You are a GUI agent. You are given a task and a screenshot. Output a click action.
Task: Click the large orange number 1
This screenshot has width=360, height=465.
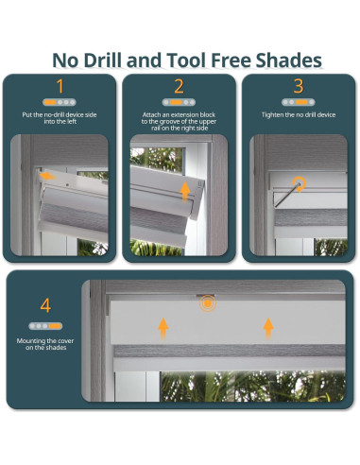coord(60,86)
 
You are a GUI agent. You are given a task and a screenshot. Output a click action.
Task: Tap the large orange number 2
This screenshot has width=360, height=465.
coord(179,86)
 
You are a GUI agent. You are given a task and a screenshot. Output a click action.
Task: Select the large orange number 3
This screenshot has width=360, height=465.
coord(299,86)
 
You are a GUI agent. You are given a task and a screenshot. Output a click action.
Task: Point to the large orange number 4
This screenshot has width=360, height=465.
coord(45,305)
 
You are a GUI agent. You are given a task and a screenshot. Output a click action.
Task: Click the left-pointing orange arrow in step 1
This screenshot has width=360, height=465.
coord(47,175)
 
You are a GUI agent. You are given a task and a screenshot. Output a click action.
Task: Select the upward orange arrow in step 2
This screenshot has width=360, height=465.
coord(185,191)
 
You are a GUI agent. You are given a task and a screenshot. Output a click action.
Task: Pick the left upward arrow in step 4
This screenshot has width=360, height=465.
coord(163,328)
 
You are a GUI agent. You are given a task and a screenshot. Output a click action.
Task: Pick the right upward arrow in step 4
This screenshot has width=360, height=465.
coord(268,328)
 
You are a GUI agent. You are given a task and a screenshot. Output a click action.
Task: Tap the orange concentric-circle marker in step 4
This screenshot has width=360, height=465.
coord(208,303)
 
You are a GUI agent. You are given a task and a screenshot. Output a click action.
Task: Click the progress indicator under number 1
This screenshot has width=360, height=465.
coord(60,102)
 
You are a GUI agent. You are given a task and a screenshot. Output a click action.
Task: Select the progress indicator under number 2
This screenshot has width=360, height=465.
coord(179,102)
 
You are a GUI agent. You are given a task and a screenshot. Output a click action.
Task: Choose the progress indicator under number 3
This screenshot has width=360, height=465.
coord(299,102)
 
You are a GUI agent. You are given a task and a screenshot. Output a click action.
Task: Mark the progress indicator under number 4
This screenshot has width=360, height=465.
coord(45,326)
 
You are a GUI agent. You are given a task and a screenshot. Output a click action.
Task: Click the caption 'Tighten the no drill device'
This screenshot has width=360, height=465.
coord(299,115)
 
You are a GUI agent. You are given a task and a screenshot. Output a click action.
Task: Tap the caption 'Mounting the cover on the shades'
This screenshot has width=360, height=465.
coord(45,344)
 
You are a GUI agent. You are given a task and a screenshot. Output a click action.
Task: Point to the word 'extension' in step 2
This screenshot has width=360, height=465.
coord(185,114)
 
